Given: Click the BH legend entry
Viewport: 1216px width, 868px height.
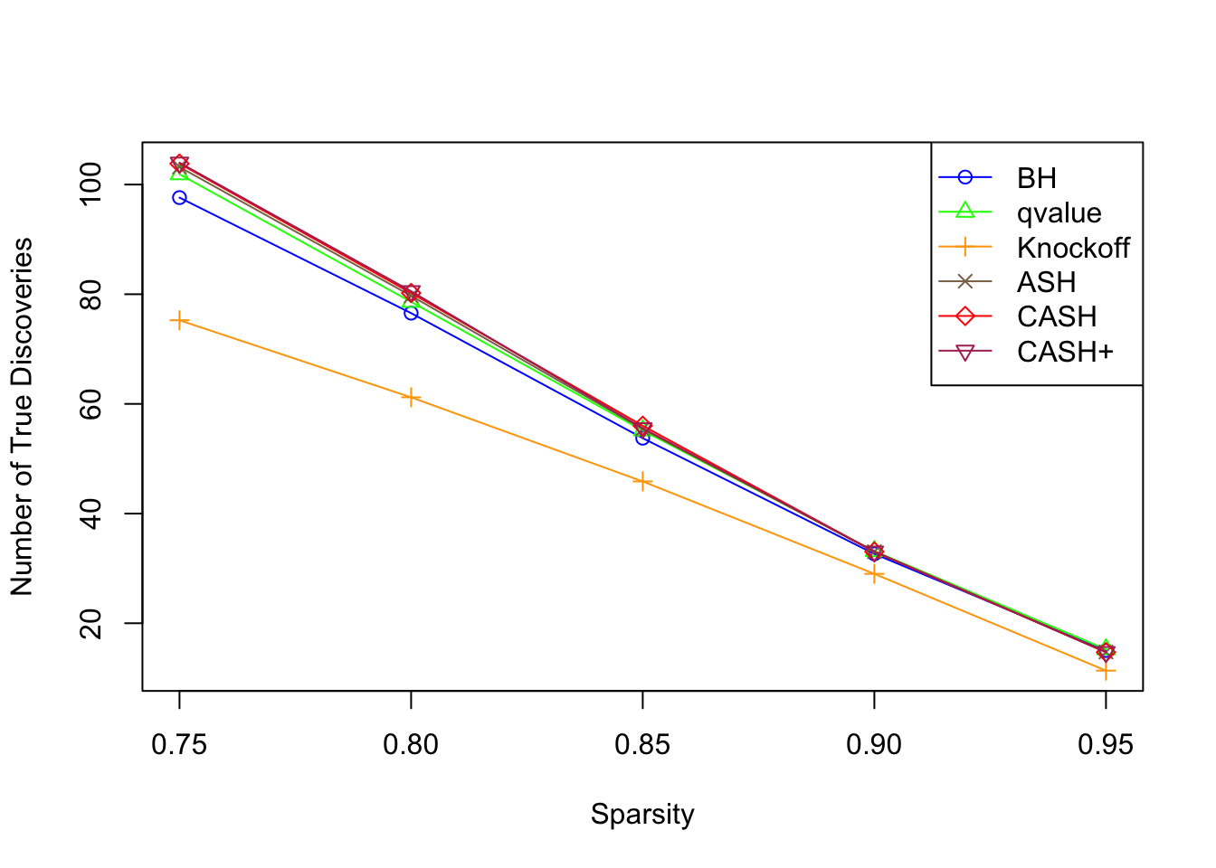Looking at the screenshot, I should click(1036, 178).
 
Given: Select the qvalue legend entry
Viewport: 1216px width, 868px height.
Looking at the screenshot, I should click(1059, 212).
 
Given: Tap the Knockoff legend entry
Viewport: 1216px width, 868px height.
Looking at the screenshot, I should click(1073, 248).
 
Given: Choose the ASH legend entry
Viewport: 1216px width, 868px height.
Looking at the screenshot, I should click(1046, 282).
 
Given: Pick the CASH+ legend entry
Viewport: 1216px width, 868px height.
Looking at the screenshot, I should click(1065, 352).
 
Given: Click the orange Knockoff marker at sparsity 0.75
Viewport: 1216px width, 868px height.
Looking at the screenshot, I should click(179, 320).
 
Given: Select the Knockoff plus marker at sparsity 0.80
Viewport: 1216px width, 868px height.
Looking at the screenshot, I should click(411, 397).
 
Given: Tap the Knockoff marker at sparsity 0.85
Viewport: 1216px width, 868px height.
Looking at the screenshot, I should click(642, 482).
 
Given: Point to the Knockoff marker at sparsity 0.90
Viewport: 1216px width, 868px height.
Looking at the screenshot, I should click(874, 574).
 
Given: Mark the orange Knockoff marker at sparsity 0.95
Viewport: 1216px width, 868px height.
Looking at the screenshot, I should click(1106, 671).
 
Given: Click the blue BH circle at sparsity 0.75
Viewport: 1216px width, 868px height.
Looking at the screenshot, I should click(179, 197).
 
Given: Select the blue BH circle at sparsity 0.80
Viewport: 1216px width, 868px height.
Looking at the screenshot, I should click(411, 313).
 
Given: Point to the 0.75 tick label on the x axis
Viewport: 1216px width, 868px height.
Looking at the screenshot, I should click(179, 744).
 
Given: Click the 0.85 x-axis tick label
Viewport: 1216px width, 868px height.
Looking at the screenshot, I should click(642, 744).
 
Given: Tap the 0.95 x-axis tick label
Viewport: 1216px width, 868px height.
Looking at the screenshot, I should click(1106, 744).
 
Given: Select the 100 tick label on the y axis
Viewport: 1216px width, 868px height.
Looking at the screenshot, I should click(91, 184).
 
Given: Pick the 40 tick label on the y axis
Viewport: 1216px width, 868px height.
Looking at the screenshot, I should click(91, 514).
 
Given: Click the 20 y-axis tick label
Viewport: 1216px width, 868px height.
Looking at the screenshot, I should click(91, 623).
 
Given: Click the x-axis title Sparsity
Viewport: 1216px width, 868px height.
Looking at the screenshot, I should click(642, 814).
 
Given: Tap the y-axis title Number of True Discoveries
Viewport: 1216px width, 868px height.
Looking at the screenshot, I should click(22, 417).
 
